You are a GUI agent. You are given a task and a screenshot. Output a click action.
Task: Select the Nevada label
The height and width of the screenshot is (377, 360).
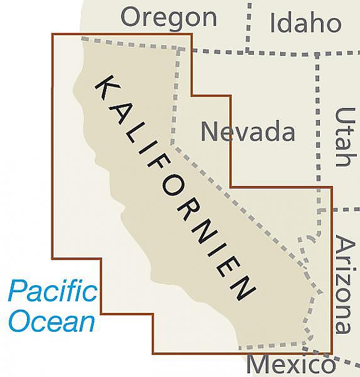coord(248,132)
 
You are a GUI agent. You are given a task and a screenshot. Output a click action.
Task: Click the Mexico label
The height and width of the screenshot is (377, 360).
coord(290,365)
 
